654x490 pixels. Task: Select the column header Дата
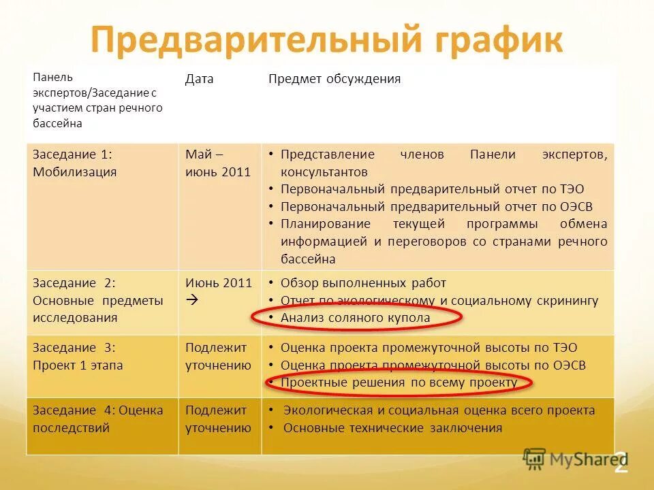(x=199, y=79)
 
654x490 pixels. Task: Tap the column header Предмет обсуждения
(x=334, y=79)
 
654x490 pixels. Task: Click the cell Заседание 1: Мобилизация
(x=75, y=163)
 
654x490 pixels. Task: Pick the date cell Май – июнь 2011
(x=218, y=163)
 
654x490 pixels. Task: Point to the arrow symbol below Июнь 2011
(x=191, y=299)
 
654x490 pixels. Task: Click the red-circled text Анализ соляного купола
(x=355, y=318)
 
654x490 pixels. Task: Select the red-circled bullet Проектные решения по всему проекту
(x=399, y=382)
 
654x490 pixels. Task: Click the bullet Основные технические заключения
(x=392, y=428)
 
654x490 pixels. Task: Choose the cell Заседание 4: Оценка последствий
(x=98, y=419)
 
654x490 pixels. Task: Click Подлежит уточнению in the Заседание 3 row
(x=218, y=356)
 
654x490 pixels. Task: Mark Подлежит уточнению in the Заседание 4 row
(x=218, y=419)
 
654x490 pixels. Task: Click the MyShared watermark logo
(x=572, y=459)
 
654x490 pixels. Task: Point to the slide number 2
(x=620, y=464)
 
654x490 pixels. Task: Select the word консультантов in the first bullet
(x=324, y=172)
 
